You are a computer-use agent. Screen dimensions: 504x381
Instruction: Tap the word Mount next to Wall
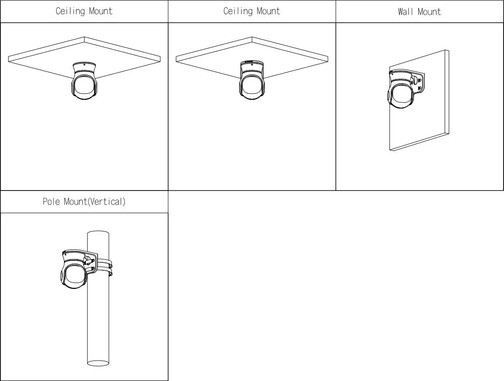pos(429,12)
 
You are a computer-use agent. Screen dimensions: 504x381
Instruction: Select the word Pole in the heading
pos(51,202)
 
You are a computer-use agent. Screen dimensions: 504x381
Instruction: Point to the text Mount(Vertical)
pos(95,202)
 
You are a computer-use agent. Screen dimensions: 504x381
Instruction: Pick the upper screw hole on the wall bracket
pos(419,80)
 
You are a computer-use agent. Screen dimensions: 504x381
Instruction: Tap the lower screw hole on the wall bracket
pos(419,88)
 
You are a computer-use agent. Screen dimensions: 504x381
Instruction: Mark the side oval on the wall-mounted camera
pos(389,96)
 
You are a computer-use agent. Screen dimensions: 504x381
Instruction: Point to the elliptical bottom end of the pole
pos(98,363)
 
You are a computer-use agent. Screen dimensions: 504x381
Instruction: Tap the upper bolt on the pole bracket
pos(93,260)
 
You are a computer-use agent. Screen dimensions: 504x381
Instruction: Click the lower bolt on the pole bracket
pos(93,269)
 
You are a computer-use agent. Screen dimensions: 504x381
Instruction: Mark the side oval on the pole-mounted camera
pos(62,276)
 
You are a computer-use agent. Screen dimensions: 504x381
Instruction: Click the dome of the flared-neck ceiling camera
pos(84,86)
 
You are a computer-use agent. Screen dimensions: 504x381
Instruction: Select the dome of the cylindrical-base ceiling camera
pos(252,86)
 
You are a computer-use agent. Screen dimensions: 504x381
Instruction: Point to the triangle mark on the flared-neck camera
pos(84,64)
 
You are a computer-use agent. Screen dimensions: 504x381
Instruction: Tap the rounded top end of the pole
pos(98,233)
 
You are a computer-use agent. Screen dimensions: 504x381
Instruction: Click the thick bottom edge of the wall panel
pos(419,142)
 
